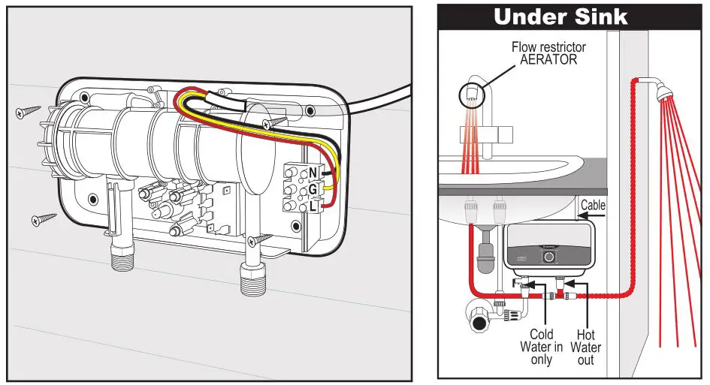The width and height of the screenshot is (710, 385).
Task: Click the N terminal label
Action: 313,173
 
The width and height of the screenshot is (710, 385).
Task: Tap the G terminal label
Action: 313,189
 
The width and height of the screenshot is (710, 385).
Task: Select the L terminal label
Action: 313,205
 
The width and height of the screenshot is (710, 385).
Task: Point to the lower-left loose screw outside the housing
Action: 44,220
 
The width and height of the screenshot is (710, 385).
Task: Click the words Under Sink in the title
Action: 560,17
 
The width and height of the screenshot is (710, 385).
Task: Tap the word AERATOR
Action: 548,60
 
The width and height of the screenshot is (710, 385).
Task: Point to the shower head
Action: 660,92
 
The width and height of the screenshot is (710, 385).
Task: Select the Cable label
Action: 592,205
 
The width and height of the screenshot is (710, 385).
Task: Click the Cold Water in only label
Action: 541,347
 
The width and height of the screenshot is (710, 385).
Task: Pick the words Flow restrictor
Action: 548,47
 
